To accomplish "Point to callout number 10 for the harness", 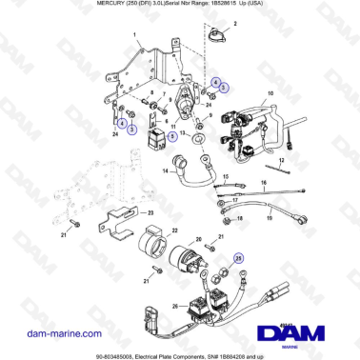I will [x=270, y=92].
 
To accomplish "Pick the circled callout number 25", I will [x=240, y=256].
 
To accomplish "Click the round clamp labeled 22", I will [x=152, y=243].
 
